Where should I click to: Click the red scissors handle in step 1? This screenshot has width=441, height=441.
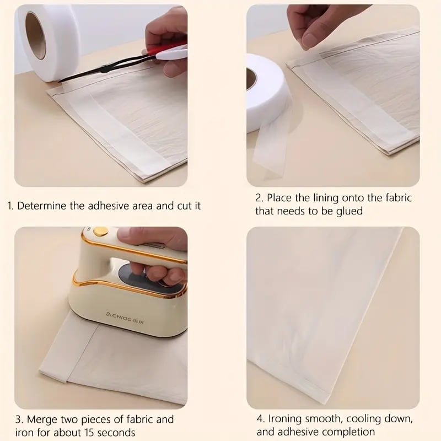(x=174, y=52)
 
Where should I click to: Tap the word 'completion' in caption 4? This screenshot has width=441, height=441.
(x=351, y=433)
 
